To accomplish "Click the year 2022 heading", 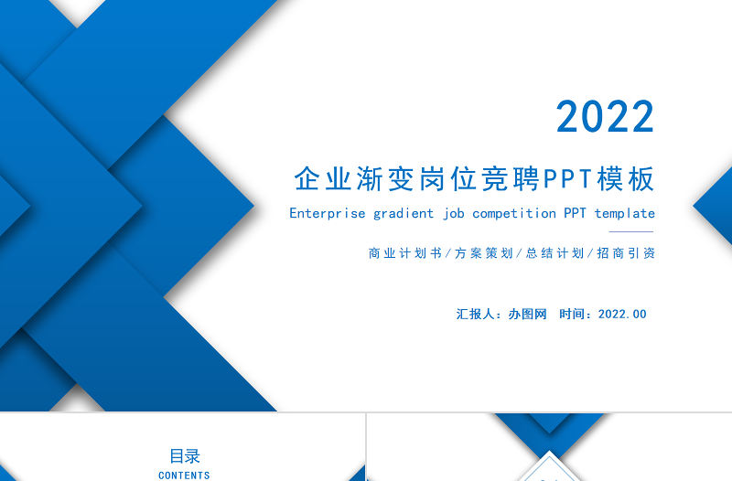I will (x=605, y=117).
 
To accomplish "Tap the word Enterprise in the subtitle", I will (x=327, y=213).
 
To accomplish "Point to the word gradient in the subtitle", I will (x=404, y=213).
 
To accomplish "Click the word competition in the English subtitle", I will (x=514, y=213).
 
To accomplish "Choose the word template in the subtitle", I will (x=625, y=213).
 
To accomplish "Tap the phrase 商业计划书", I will (x=405, y=253).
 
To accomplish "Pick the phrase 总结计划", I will (x=554, y=253).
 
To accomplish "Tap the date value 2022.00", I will (x=622, y=314).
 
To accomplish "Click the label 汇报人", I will (x=476, y=314).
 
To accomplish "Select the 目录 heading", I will (x=184, y=455).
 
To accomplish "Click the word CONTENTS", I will (x=184, y=476).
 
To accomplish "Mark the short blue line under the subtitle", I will (x=631, y=231).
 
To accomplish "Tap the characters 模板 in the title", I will (x=626, y=179).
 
